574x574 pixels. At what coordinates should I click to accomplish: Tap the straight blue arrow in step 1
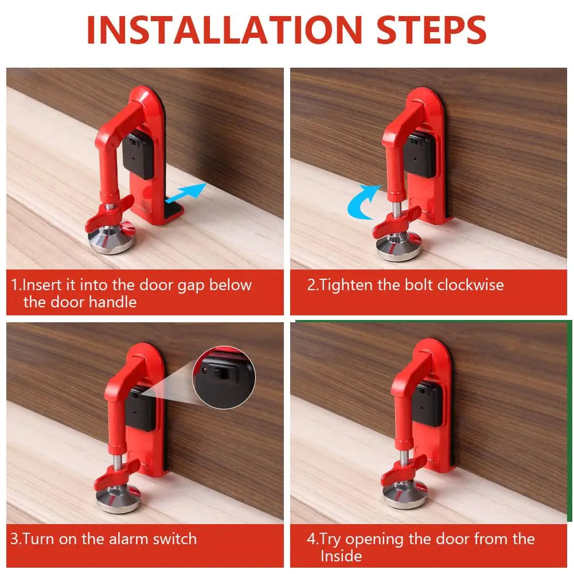tap(186, 193)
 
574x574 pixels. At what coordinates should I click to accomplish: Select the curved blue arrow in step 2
tap(362, 202)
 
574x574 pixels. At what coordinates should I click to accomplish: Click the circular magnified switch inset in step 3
tap(224, 377)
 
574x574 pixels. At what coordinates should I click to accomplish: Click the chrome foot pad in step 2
tap(399, 247)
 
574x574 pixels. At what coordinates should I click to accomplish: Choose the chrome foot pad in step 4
tap(405, 494)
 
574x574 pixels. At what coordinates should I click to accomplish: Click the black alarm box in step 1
tap(138, 155)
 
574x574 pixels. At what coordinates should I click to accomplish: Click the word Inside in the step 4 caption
tap(341, 556)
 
